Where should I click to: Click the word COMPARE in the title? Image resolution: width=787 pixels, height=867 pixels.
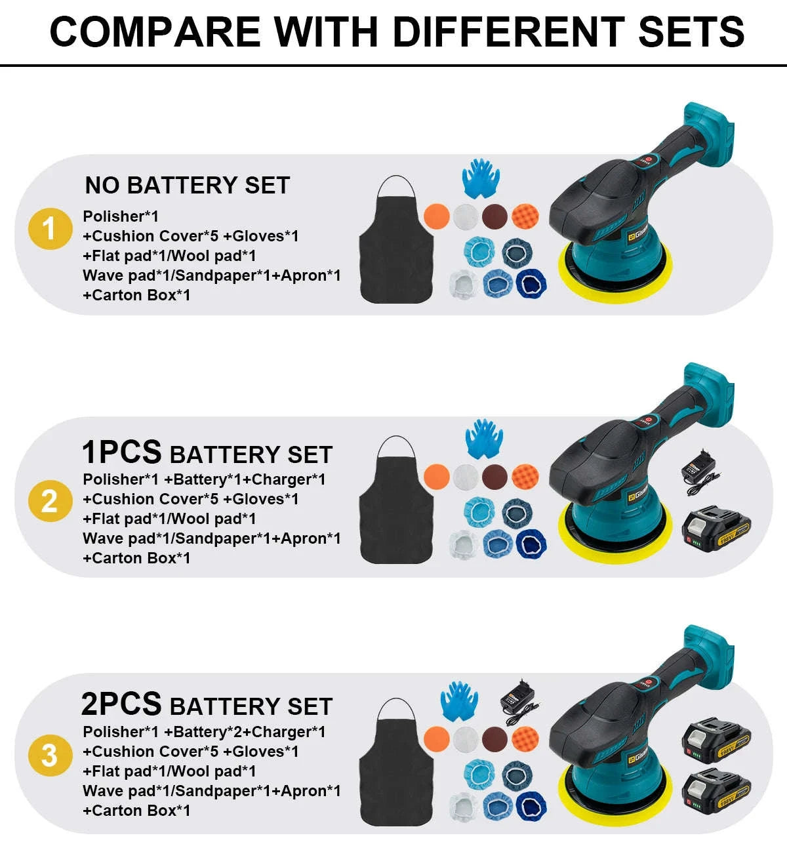pos(155,31)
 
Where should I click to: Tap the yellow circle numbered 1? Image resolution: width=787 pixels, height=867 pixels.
pos(50,229)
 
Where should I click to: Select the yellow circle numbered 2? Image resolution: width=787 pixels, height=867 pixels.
pos(50,502)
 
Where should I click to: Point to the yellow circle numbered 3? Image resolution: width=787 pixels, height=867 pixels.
pos(50,755)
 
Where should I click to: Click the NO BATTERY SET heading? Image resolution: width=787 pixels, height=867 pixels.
pos(187,186)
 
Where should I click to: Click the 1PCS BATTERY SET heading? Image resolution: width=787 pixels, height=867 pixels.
pos(207,453)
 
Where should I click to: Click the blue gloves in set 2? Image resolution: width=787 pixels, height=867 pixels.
pos(484,438)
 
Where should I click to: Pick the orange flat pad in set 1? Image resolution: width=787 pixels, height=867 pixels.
pos(437,216)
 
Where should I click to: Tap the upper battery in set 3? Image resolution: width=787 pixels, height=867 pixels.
pos(716,740)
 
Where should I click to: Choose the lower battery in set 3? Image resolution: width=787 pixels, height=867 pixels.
pos(716,792)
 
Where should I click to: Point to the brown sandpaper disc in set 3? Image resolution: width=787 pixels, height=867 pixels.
pos(494,738)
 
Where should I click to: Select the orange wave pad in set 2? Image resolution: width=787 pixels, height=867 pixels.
pos(525,477)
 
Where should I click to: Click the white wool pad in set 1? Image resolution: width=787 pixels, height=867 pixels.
pos(466,216)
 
